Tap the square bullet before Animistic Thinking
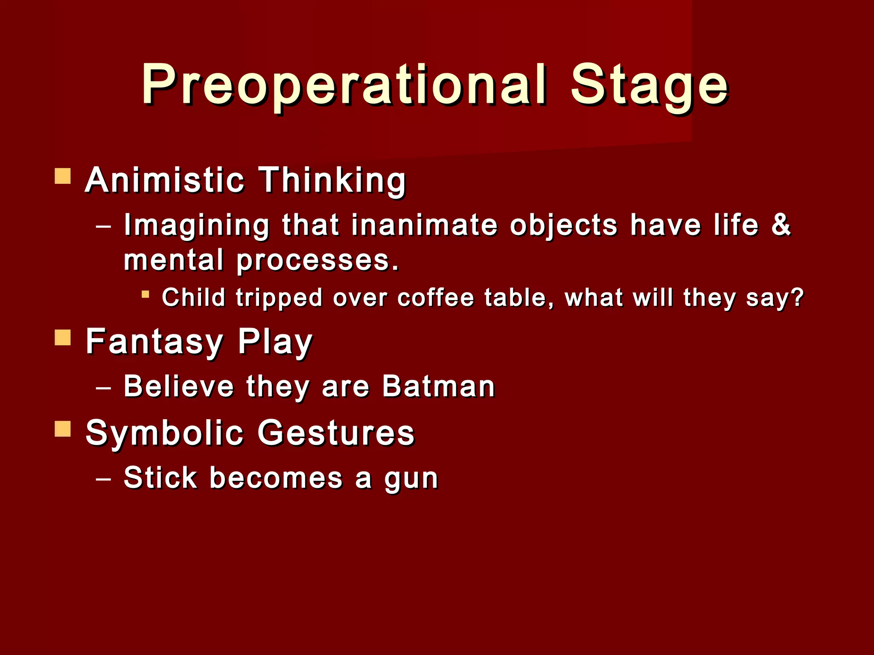pyautogui.click(x=63, y=176)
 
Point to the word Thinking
pyautogui.click(x=332, y=181)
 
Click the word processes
pyautogui.click(x=318, y=261)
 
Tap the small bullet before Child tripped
pyautogui.click(x=146, y=294)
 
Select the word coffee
pyautogui.click(x=435, y=297)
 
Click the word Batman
pyautogui.click(x=438, y=386)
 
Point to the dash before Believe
pyautogui.click(x=103, y=388)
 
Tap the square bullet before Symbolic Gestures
pyautogui.click(x=63, y=429)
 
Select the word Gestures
pyautogui.click(x=336, y=433)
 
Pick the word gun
pyautogui.click(x=411, y=479)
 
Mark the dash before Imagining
pyautogui.click(x=103, y=226)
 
